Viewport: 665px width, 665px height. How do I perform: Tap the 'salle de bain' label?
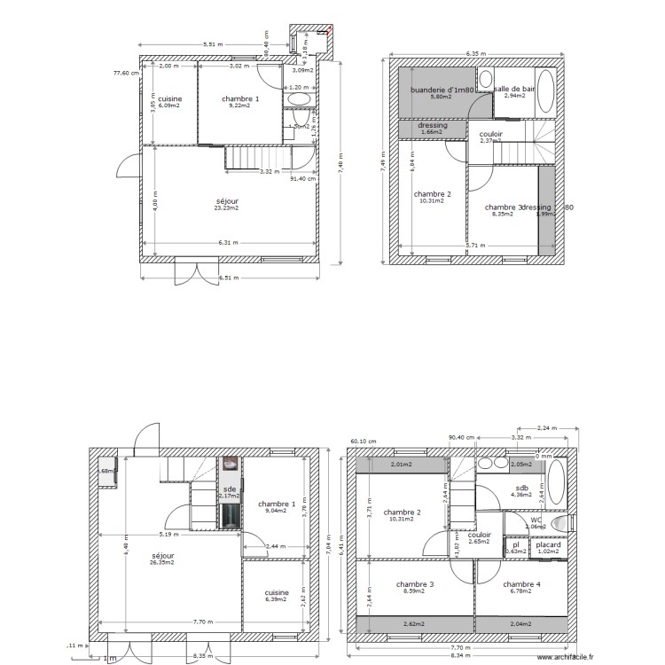click(x=515, y=90)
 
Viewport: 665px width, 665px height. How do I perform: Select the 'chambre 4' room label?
click(x=521, y=584)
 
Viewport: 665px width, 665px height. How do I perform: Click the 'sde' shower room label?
click(x=230, y=489)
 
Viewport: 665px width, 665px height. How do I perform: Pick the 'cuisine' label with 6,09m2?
click(x=170, y=99)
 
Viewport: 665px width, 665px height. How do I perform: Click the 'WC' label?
click(x=536, y=520)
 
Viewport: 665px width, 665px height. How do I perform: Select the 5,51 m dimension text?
click(x=213, y=43)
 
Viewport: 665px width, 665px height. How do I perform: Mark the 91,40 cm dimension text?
click(x=304, y=178)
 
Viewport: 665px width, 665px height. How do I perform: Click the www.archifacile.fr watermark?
click(x=561, y=657)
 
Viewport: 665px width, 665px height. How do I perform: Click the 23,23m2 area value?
click(x=227, y=207)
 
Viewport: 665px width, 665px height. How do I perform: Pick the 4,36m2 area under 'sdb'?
click(x=520, y=495)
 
